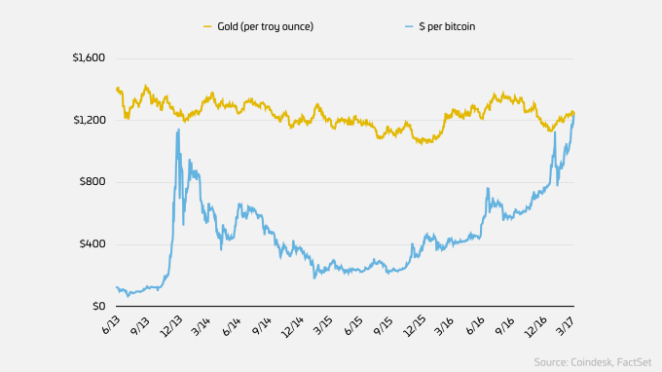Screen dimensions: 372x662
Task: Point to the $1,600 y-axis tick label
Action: (87, 57)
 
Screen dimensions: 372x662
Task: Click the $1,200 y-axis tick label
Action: (87, 120)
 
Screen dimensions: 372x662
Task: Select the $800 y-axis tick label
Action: (92, 182)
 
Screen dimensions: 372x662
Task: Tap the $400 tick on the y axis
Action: (92, 244)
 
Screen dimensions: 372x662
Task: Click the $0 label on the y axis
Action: (98, 307)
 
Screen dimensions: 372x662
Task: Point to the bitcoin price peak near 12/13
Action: (178, 130)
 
